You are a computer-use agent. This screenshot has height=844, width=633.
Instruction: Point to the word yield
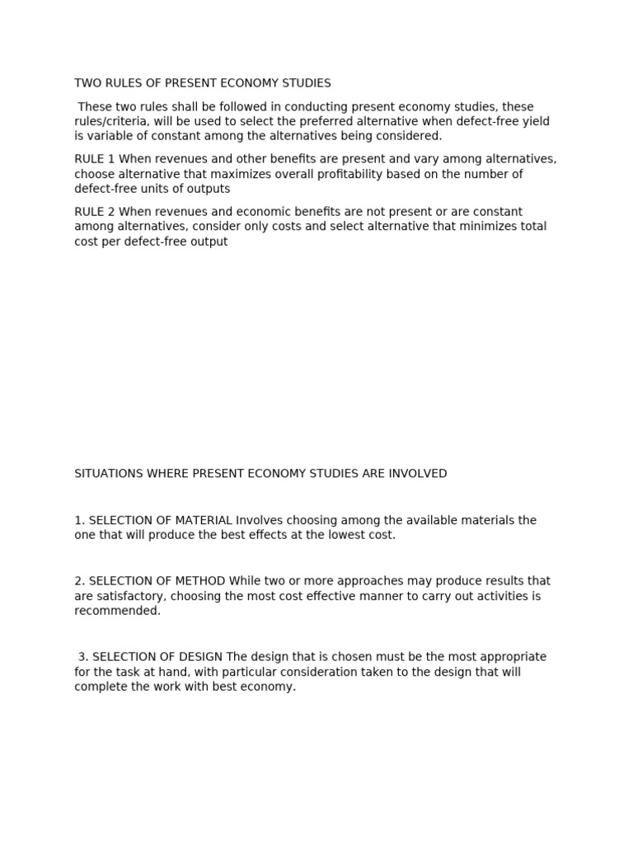tap(535, 122)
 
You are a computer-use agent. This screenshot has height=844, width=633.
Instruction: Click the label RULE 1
tap(94, 159)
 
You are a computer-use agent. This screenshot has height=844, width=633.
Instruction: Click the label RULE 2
tap(94, 212)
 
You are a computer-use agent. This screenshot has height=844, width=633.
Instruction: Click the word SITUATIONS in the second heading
tap(109, 474)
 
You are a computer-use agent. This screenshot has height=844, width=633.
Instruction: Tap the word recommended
tap(117, 611)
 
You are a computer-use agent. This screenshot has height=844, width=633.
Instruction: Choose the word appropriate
tap(513, 657)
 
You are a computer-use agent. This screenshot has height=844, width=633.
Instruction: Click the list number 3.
tap(82, 657)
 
